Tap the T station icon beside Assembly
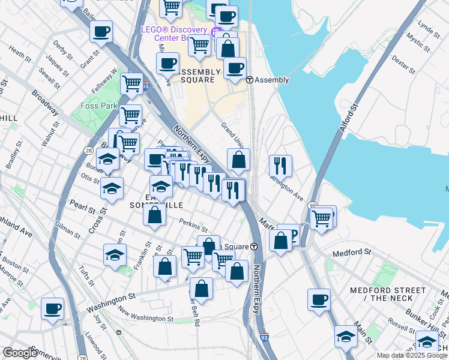(x=249, y=80)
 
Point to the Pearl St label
(x=82, y=209)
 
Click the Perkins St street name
(x=193, y=226)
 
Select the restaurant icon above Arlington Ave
(x=280, y=165)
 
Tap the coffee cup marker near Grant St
(x=101, y=31)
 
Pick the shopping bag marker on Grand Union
(x=239, y=160)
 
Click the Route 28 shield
(x=88, y=150)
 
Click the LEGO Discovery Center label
(x=174, y=31)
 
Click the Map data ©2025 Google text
(x=412, y=355)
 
